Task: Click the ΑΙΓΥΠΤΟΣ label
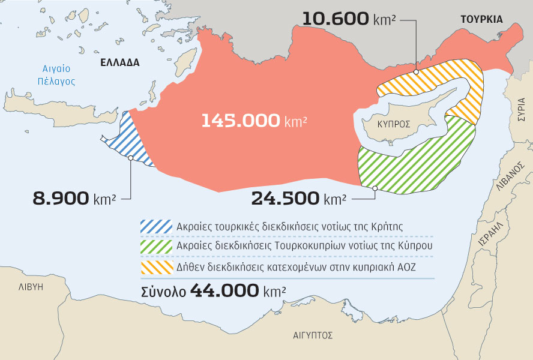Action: click(x=313, y=335)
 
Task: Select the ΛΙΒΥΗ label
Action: click(x=31, y=287)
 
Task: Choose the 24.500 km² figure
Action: click(x=298, y=198)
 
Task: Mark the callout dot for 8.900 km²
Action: click(x=130, y=158)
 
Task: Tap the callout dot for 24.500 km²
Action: click(x=375, y=188)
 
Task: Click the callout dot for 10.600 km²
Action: click(x=415, y=72)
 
